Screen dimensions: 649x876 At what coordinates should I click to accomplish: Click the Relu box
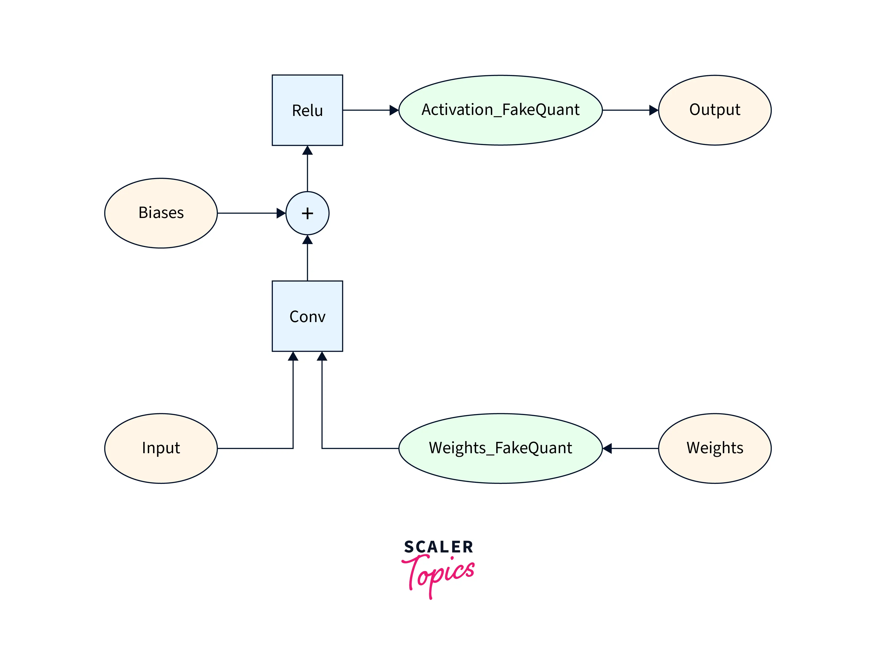307,110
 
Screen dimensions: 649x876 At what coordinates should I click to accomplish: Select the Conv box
307,316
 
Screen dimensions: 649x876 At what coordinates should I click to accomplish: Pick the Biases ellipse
161,213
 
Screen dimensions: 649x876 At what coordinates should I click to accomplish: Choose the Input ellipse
161,448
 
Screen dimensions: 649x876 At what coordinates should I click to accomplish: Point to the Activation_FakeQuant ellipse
500,110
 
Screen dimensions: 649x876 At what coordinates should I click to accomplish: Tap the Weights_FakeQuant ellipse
500,448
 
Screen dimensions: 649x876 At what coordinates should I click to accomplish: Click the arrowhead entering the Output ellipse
654,110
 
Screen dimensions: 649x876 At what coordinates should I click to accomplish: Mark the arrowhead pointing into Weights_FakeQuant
607,448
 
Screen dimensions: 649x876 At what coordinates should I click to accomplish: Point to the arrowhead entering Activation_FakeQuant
394,110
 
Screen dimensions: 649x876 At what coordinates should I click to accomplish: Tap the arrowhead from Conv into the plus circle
307,240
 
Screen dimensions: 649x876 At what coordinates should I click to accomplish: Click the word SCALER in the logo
439,547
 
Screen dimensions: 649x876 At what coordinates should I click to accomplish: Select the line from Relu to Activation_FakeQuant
365,110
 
